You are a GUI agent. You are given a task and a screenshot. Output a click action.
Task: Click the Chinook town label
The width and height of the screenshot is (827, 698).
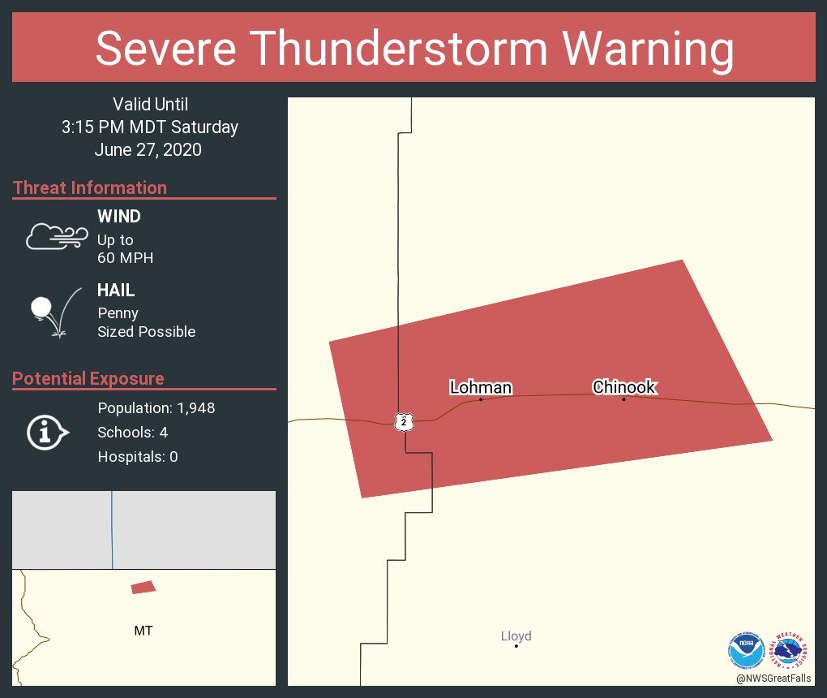pos(623,387)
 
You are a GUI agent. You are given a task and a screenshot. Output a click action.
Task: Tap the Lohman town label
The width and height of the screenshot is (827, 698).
pos(481,388)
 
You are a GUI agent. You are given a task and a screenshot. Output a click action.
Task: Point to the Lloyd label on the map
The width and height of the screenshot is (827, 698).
pos(516,636)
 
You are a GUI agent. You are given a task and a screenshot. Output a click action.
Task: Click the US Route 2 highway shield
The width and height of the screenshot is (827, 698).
pos(404,421)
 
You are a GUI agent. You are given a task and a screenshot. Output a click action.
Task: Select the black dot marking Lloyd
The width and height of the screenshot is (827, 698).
pos(516,646)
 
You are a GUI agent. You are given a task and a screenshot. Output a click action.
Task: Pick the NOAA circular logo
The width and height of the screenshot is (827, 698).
pos(746,650)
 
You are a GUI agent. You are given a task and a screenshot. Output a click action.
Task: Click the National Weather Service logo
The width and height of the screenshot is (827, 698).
pos(791,650)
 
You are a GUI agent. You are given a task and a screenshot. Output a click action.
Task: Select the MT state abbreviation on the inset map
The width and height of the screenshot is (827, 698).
pos(143,631)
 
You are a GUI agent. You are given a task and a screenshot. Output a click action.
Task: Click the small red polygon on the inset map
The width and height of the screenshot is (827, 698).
pos(143,587)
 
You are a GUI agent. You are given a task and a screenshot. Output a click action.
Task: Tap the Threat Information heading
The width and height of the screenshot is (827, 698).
pos(90,188)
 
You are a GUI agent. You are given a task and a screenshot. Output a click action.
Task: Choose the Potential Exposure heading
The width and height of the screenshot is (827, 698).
pos(88,379)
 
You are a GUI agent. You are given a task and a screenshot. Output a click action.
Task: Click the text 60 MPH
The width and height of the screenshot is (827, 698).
pos(125,258)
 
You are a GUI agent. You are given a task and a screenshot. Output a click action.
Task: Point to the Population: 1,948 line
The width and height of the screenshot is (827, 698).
pos(156,408)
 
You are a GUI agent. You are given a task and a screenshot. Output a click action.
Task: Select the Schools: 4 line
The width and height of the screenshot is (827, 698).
pos(133,433)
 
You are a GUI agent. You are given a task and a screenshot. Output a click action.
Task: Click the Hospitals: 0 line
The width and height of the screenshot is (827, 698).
pos(138,457)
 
